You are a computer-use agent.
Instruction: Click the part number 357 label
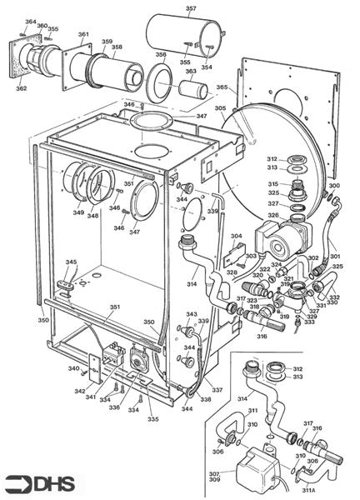point(191,9)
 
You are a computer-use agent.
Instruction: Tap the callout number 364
point(30,22)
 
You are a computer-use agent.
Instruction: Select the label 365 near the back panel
point(222,87)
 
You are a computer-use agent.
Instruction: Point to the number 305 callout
point(220,108)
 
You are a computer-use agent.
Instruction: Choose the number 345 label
point(72,262)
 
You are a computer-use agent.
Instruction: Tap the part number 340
point(73,368)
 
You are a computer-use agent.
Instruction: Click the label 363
point(191,72)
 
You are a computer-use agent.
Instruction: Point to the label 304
point(236,236)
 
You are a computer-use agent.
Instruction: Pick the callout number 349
point(77,212)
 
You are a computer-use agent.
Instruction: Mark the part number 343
point(191,314)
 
